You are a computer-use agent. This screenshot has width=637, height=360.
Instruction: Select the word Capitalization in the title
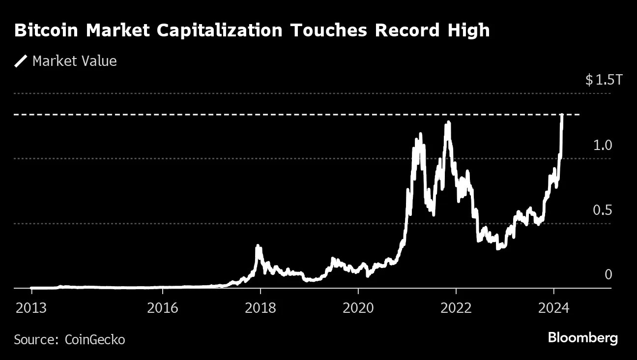pyautogui.click(x=220, y=30)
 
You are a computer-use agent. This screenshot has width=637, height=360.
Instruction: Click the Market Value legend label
pyautogui.click(x=74, y=61)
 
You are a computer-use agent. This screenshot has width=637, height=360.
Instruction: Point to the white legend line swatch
pyautogui.click(x=21, y=61)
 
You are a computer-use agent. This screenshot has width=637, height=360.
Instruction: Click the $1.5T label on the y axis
pyautogui.click(x=604, y=80)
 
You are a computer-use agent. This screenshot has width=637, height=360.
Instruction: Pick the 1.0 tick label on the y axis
pyautogui.click(x=603, y=145)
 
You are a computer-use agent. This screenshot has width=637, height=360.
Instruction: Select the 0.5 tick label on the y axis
pyautogui.click(x=603, y=210)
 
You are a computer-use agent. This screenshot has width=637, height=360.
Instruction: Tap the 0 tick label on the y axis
pyautogui.click(x=608, y=274)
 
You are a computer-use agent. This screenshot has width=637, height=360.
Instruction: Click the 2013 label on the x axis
pyautogui.click(x=31, y=308)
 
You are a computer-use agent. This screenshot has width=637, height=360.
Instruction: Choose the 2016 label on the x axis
pyautogui.click(x=163, y=308)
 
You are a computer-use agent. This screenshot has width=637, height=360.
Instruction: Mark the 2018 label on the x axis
pyautogui.click(x=261, y=308)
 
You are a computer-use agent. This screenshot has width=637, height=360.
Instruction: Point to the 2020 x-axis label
pyautogui.click(x=358, y=308)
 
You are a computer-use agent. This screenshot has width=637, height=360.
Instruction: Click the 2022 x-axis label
pyautogui.click(x=456, y=308)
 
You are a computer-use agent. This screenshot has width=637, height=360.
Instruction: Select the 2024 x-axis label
pyautogui.click(x=554, y=308)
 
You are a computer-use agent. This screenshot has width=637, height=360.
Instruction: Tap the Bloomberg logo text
pyautogui.click(x=583, y=338)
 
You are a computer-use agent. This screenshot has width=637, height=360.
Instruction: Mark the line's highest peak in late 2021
pyautogui.click(x=448, y=123)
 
